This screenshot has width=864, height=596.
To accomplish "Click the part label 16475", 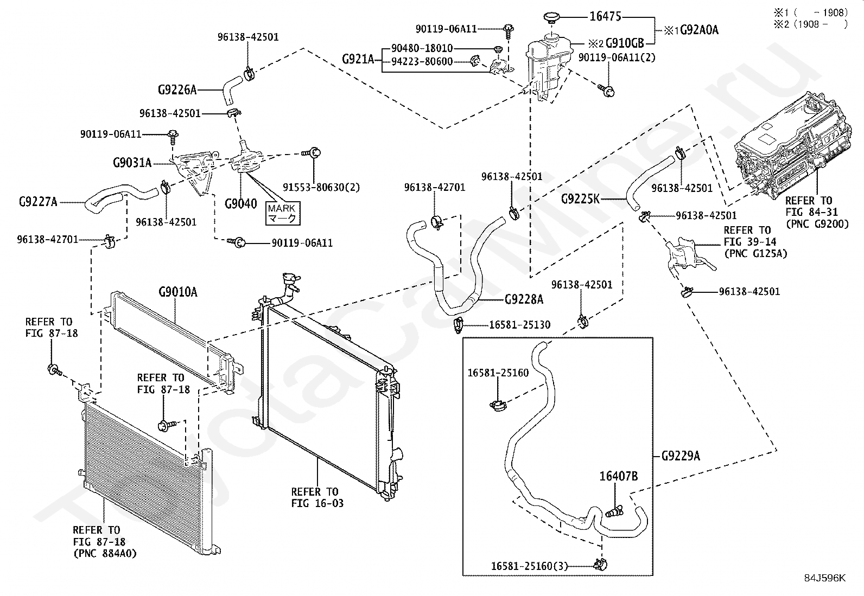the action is [605, 16].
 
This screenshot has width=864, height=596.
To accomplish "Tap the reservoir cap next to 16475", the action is [551, 18].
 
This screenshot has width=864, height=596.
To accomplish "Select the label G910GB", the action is [625, 43].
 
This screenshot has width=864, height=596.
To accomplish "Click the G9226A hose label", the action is [177, 90].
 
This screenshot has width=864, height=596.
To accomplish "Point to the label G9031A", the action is [132, 163].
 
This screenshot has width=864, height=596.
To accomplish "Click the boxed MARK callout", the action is [283, 213].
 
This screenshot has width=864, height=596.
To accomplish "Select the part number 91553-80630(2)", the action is [321, 187].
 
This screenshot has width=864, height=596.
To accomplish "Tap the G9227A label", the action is [38, 202].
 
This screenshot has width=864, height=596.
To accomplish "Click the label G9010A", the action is [178, 292].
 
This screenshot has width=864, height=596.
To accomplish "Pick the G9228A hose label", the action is [524, 299].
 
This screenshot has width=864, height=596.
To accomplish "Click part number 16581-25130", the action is [519, 325].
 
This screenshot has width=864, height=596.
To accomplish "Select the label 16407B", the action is [618, 476].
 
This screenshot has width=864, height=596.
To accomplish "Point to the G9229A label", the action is [681, 456].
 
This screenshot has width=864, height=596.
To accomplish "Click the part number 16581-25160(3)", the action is [529, 566].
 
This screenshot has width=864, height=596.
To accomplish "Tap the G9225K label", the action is [581, 199].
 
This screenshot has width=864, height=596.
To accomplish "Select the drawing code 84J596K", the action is [825, 578].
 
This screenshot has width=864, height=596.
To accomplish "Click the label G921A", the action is [358, 60].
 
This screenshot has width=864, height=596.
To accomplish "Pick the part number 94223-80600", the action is [422, 62].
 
